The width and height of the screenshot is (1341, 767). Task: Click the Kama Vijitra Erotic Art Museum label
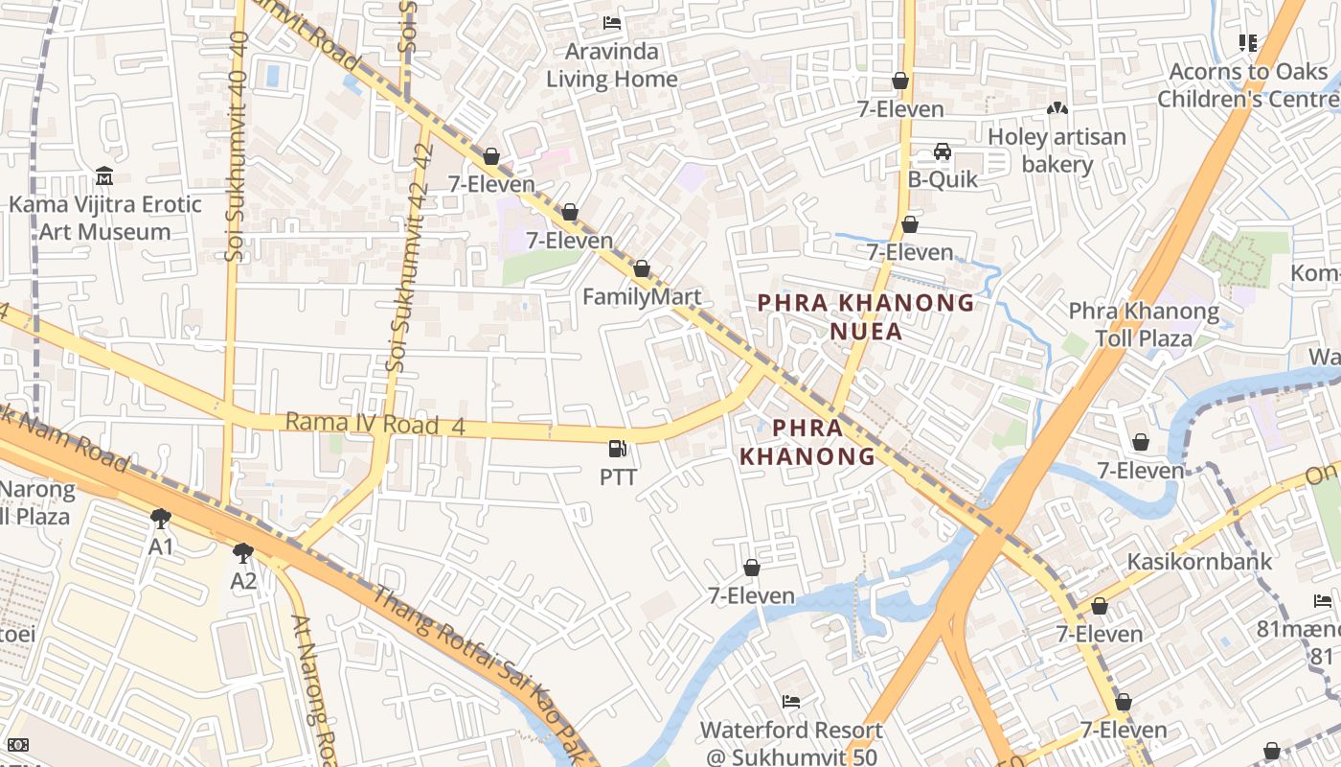coord(105,218)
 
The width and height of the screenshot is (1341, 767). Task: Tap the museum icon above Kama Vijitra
coord(104,176)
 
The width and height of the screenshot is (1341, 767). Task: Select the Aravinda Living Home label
coord(612,65)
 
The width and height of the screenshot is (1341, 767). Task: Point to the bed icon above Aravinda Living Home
coord(612,23)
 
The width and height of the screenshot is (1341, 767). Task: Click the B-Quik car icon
coord(943,151)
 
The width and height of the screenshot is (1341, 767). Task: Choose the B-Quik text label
coord(943,179)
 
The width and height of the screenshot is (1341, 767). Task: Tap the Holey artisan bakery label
coord(1057,151)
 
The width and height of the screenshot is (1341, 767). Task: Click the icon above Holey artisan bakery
coord(1057,109)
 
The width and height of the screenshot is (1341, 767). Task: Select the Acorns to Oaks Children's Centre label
coord(1247,85)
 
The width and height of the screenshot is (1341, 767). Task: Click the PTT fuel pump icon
coord(619,448)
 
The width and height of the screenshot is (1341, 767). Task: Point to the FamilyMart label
coord(642,296)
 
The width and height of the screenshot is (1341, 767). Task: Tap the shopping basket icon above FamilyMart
coord(642,268)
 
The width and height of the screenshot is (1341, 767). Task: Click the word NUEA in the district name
coord(866,332)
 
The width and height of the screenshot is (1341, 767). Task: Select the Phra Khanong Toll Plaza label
coord(1144,325)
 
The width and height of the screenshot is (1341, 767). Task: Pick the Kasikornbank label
coord(1199,561)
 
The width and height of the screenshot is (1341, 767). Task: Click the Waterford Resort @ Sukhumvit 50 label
coord(791,742)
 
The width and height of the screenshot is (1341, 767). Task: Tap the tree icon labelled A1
coord(161,519)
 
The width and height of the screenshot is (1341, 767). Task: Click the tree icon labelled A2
coord(243,552)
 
